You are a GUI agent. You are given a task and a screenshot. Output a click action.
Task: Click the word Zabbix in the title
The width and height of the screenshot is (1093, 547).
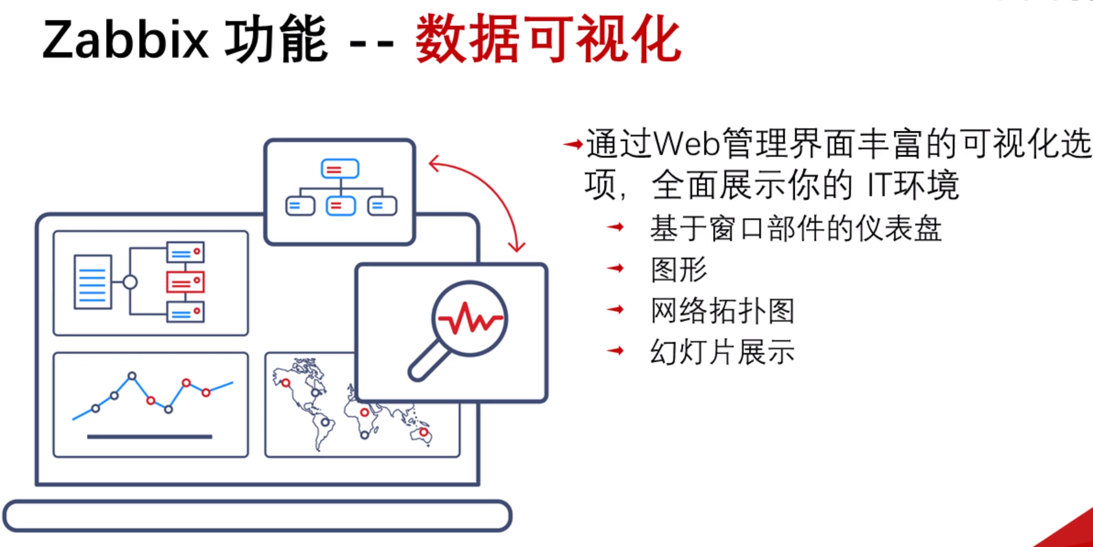(x=125, y=40)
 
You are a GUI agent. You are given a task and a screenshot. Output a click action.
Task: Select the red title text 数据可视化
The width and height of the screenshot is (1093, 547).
(x=548, y=40)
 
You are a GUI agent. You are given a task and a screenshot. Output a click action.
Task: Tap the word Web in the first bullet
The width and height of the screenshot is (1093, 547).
(x=686, y=144)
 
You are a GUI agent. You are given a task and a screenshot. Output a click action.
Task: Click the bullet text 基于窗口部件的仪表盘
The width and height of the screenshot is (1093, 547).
(x=795, y=229)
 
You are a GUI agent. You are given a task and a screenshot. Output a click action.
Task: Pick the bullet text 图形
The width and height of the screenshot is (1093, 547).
(x=679, y=270)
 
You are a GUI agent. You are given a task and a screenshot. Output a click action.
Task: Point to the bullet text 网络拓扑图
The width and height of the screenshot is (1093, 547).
(x=722, y=311)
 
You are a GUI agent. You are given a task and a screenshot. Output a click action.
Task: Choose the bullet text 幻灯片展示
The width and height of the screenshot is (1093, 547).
(x=722, y=352)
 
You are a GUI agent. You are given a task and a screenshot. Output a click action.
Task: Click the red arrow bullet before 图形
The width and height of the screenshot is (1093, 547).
(x=616, y=268)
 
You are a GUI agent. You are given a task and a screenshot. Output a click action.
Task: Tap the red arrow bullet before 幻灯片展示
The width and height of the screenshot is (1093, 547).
(x=616, y=351)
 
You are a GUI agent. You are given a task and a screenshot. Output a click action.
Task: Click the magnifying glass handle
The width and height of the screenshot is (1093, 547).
(x=429, y=360)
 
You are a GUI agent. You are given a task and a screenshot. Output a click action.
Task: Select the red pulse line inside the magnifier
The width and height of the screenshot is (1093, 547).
(x=470, y=318)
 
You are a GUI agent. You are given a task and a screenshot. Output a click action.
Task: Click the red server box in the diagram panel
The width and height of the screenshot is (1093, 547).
(x=185, y=282)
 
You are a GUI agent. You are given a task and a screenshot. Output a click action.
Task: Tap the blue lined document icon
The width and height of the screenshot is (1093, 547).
(x=93, y=282)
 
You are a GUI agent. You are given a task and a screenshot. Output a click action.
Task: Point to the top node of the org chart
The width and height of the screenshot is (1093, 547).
(x=340, y=169)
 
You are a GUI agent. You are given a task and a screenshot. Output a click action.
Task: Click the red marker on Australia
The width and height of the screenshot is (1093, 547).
(x=423, y=433)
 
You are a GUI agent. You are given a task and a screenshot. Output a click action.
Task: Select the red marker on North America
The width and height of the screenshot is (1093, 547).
(x=285, y=383)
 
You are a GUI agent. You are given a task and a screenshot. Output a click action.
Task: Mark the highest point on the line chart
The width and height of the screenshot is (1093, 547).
(x=132, y=376)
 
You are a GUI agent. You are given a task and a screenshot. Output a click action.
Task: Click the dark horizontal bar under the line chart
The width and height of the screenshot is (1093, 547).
(x=150, y=437)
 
